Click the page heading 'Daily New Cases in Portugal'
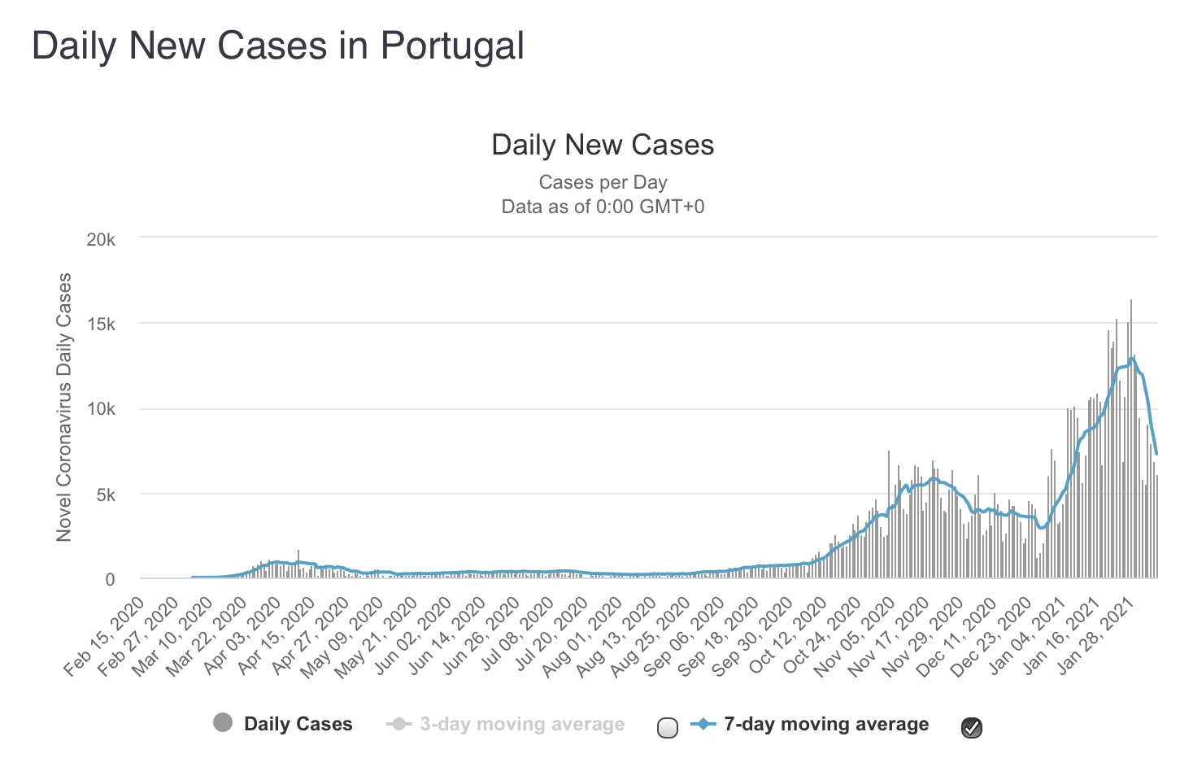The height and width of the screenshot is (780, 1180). [x=277, y=46]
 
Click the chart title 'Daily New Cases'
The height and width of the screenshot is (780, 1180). [x=603, y=145]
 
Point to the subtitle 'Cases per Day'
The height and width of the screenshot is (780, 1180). [x=603, y=182]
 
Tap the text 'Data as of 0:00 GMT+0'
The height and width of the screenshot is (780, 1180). [x=603, y=207]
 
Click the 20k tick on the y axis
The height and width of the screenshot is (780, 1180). [x=101, y=240]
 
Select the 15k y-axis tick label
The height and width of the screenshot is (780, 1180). [x=101, y=325]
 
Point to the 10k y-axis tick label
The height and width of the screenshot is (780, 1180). [x=101, y=409]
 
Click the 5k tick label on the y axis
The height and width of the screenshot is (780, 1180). [x=106, y=495]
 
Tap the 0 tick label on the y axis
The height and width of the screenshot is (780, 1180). [x=110, y=579]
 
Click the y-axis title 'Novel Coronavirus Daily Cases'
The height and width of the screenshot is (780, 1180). [x=64, y=407]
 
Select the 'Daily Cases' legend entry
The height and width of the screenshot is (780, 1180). [x=298, y=724]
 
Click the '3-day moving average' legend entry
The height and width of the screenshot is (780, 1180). [x=522, y=724]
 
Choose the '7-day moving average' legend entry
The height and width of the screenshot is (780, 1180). [x=825, y=724]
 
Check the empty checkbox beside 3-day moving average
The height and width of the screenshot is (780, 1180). [x=667, y=728]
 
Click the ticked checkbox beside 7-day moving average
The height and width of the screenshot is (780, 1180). [x=972, y=728]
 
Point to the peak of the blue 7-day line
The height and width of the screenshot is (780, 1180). [x=1132, y=357]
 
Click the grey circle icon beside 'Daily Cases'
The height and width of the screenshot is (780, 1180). [x=223, y=722]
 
